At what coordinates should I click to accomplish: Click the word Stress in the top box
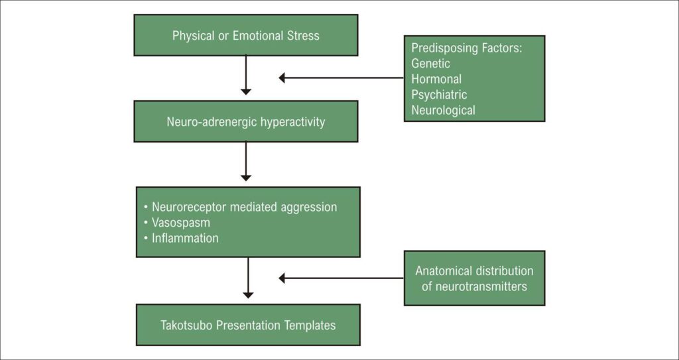[x=302, y=36]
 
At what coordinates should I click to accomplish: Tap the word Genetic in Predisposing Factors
[x=430, y=64]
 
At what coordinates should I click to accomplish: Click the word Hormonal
[x=436, y=79]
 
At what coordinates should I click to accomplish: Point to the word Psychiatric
[x=439, y=95]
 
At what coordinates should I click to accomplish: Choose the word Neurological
[x=443, y=111]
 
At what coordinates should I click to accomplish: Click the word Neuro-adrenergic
[x=208, y=122]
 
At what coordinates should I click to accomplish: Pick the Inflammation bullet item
[x=185, y=238]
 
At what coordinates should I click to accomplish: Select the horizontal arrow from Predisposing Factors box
[x=341, y=78]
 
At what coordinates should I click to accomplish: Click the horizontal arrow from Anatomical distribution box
[x=341, y=278]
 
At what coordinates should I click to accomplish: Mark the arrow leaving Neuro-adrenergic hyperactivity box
[x=246, y=161]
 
